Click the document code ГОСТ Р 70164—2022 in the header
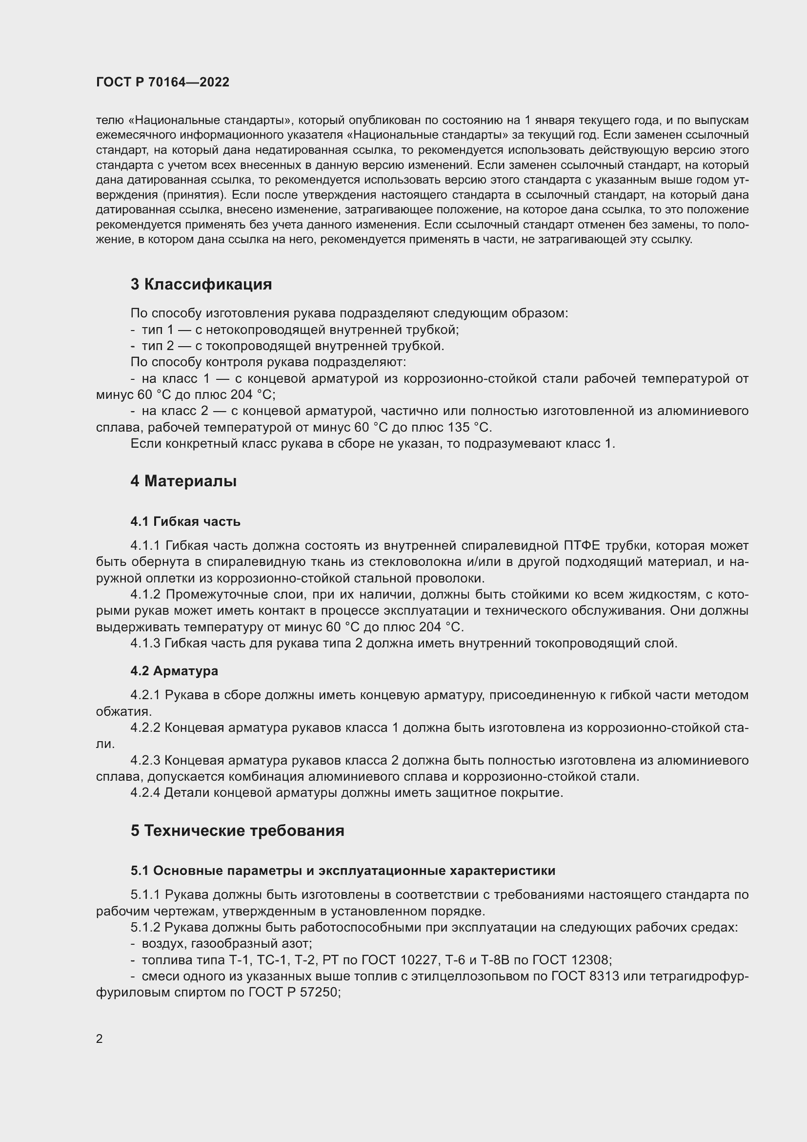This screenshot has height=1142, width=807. coord(162,82)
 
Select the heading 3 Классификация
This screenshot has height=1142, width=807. coord(201,284)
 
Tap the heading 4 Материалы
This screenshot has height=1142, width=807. coord(183,481)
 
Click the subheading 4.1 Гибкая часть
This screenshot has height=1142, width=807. coord(185,521)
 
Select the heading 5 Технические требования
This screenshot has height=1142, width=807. coord(238,831)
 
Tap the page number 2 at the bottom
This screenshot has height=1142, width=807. coord(100,1039)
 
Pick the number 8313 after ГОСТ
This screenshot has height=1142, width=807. coord(604,976)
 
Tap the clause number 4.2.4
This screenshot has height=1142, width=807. coord(145,792)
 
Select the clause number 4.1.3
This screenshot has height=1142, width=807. coord(145,643)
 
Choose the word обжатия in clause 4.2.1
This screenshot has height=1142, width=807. coord(123,711)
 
